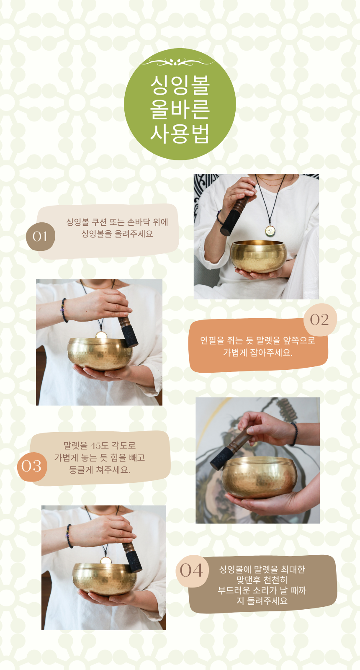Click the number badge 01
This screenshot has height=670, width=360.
(40, 237)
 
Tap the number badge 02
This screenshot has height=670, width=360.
(319, 320)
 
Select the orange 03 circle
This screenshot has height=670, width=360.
(32, 466)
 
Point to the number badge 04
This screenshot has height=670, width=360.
(191, 570)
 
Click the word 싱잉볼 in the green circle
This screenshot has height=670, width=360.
(180, 85)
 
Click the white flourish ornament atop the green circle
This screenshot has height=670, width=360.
(177, 62)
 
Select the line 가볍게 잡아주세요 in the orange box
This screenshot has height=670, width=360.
(257, 353)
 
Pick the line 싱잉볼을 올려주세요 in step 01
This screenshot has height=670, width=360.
(117, 234)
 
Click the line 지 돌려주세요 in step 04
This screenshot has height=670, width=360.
(262, 601)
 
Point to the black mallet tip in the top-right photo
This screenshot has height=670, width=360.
(230, 223)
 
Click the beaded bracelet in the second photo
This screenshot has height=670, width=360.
(64, 310)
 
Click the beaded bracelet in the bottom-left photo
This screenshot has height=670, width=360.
(69, 536)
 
